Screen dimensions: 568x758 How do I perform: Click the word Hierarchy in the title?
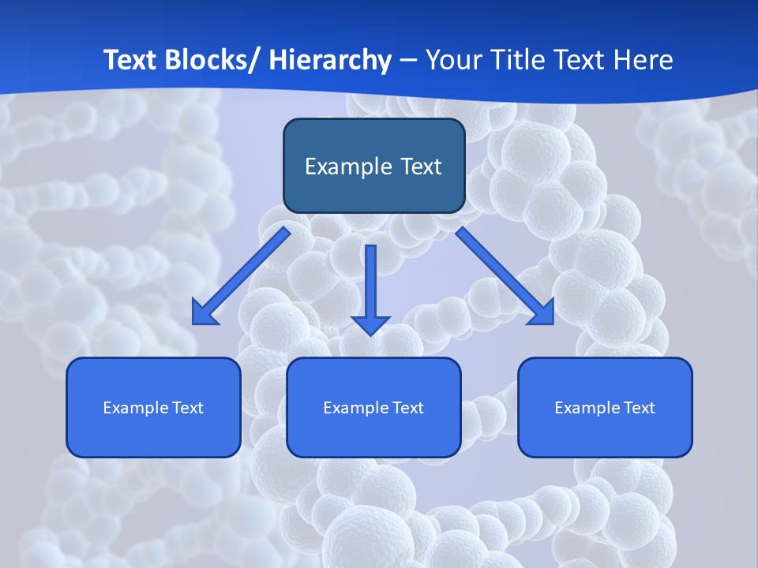tap(330, 60)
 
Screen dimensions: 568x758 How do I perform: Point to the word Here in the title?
tap(644, 60)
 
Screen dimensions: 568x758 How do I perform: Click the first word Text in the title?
tap(129, 60)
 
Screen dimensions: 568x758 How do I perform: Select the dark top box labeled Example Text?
tap(373, 166)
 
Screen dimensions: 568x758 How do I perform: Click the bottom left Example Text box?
tap(153, 407)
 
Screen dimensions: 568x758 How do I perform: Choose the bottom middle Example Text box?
tap(373, 407)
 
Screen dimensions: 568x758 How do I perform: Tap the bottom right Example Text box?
tap(605, 407)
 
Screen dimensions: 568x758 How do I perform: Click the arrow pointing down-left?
tap(241, 277)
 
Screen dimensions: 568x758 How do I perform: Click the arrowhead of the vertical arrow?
tap(371, 325)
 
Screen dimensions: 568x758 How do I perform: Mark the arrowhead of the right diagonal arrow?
tap(542, 313)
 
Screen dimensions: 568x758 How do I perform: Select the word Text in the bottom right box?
tap(639, 408)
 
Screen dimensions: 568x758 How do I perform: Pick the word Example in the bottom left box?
tap(135, 408)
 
